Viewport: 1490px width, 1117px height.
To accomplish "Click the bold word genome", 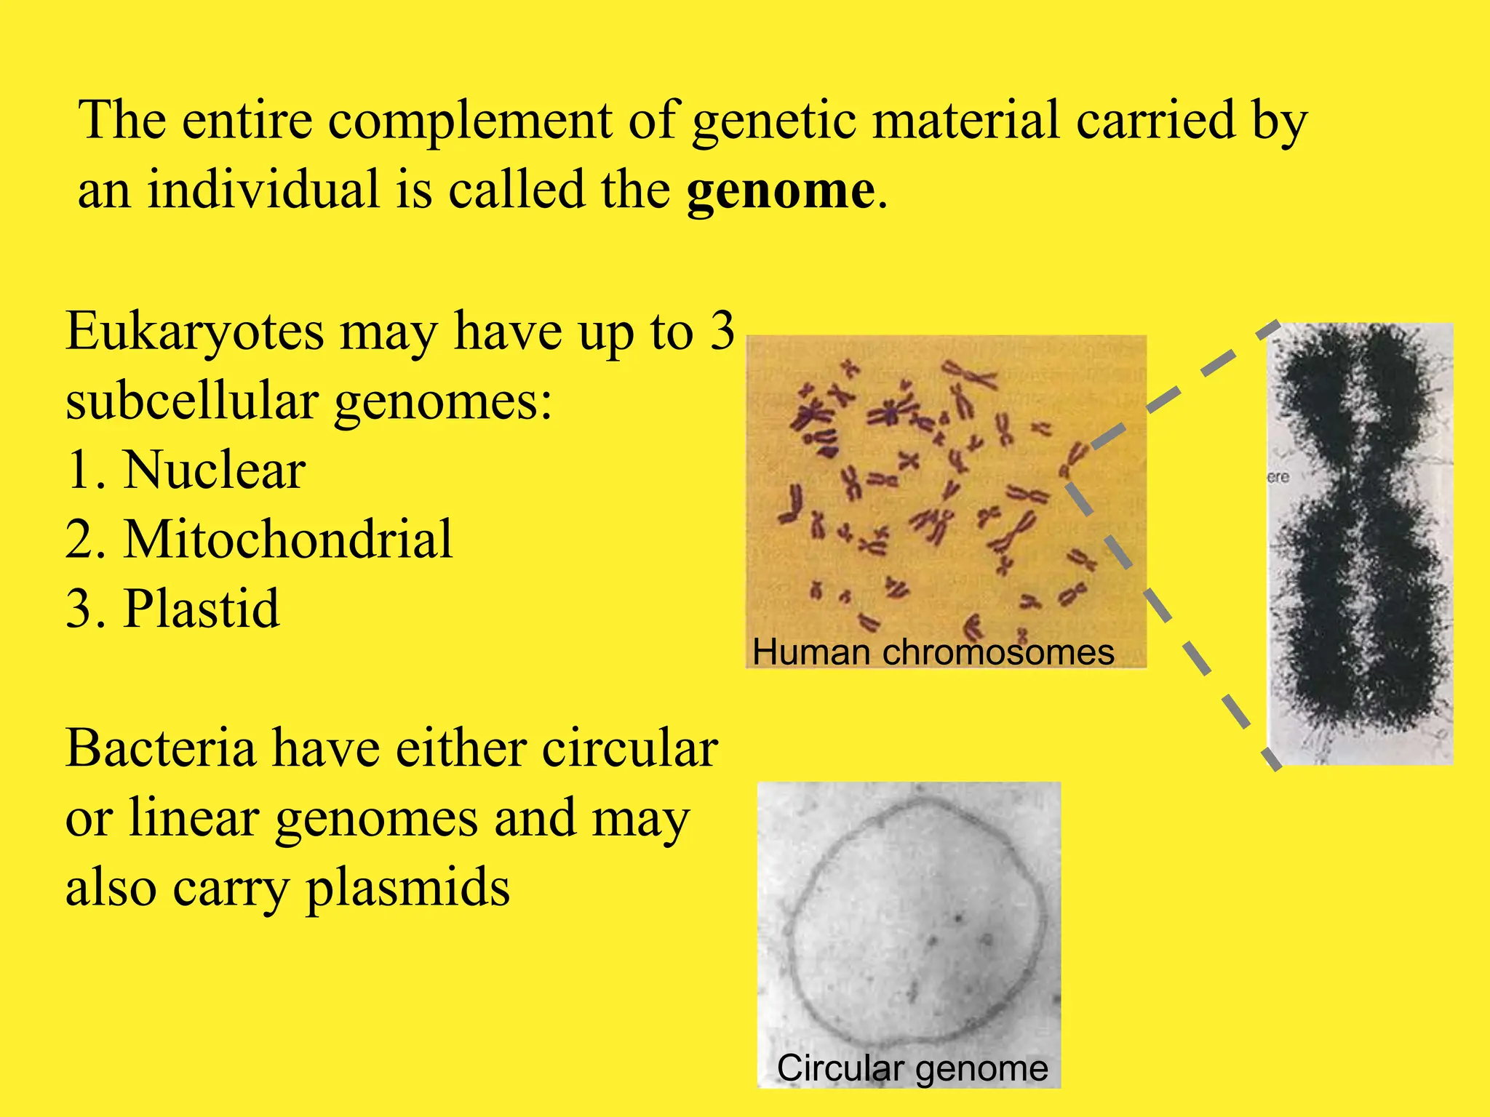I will pos(780,191).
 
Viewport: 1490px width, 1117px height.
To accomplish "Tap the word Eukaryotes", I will pos(194,332).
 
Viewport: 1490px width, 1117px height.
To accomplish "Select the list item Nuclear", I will pos(214,471).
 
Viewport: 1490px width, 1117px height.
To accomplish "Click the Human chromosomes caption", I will pos(933,652).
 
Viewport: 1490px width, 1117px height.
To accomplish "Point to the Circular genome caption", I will pos(912,1068).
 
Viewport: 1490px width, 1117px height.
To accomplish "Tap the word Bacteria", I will pos(160,749).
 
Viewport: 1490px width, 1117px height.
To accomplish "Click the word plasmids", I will pos(407,889).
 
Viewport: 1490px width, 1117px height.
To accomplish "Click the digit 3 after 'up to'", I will pos(722,332).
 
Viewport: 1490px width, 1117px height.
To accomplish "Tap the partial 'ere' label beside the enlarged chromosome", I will pos(1278,478).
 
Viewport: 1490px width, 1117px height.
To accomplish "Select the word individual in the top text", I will pos(263,191).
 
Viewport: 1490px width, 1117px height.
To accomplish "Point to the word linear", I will pos(194,819).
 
